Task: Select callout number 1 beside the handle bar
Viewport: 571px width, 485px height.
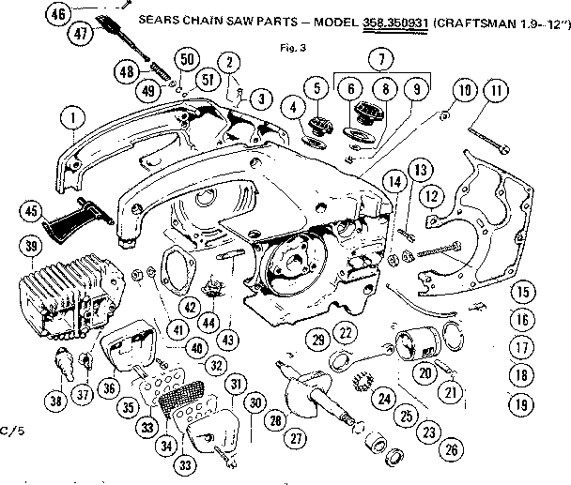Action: pyautogui.click(x=68, y=119)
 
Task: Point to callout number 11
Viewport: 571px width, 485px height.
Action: pyautogui.click(x=495, y=91)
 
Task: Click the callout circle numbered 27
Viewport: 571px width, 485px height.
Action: pyautogui.click(x=295, y=437)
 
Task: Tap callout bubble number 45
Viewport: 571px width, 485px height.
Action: pyautogui.click(x=33, y=211)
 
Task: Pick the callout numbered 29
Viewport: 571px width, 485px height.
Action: pyautogui.click(x=318, y=338)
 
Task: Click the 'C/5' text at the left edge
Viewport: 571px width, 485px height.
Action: pyautogui.click(x=11, y=430)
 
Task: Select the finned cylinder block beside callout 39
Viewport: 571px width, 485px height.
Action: pyautogui.click(x=70, y=293)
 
